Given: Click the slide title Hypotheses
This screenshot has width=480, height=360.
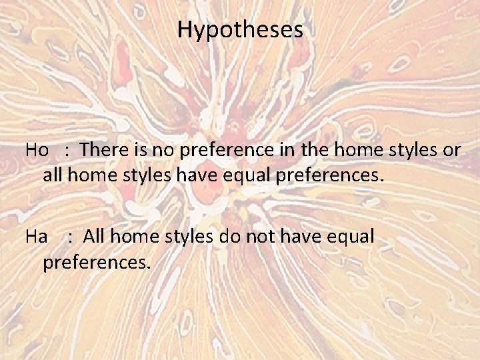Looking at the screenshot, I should click(x=240, y=30).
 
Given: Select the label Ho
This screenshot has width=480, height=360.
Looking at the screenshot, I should click(x=37, y=150).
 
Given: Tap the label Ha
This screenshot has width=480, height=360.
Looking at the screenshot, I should click(x=36, y=236).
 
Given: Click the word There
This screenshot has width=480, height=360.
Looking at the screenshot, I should click(x=101, y=150).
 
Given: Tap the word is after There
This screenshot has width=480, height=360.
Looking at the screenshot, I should click(x=131, y=150).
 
